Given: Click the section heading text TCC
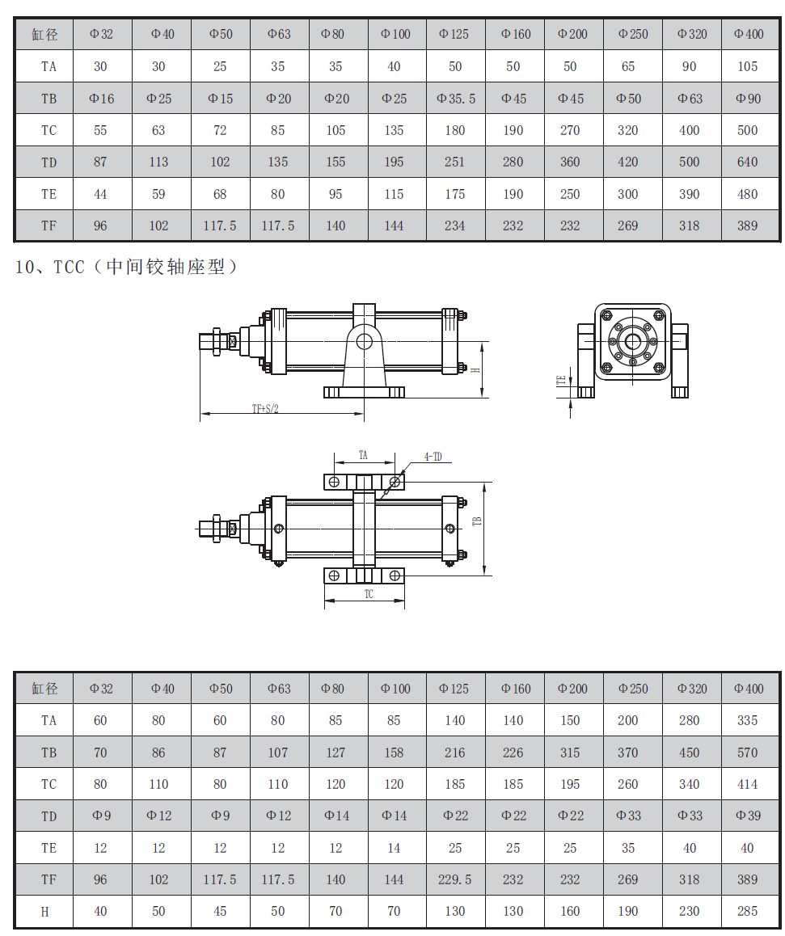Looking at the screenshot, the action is [70, 266].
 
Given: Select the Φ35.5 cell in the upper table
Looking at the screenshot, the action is [456, 99].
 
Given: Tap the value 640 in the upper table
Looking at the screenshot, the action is [747, 162].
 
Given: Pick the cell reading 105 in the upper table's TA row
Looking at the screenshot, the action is [747, 67].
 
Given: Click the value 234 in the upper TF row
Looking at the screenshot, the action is [455, 226].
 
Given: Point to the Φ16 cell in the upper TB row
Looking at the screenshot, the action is [102, 99].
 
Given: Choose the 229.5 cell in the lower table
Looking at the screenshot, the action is [455, 880].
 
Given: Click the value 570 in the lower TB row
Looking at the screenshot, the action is [747, 753].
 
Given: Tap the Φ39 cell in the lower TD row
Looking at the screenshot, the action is [749, 816].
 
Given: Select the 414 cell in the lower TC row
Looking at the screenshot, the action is [747, 784].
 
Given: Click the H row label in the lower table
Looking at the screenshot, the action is [44, 912].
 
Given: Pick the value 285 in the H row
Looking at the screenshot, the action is [747, 912].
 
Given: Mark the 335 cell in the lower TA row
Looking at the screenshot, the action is [747, 720].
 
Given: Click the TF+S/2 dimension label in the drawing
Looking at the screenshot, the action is [265, 409].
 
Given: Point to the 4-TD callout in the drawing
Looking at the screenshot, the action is [433, 457].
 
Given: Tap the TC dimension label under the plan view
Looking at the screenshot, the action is [369, 594].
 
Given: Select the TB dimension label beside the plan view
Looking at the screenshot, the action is [476, 521].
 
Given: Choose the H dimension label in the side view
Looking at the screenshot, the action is [475, 370].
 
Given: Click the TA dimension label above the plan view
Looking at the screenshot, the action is [363, 455].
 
